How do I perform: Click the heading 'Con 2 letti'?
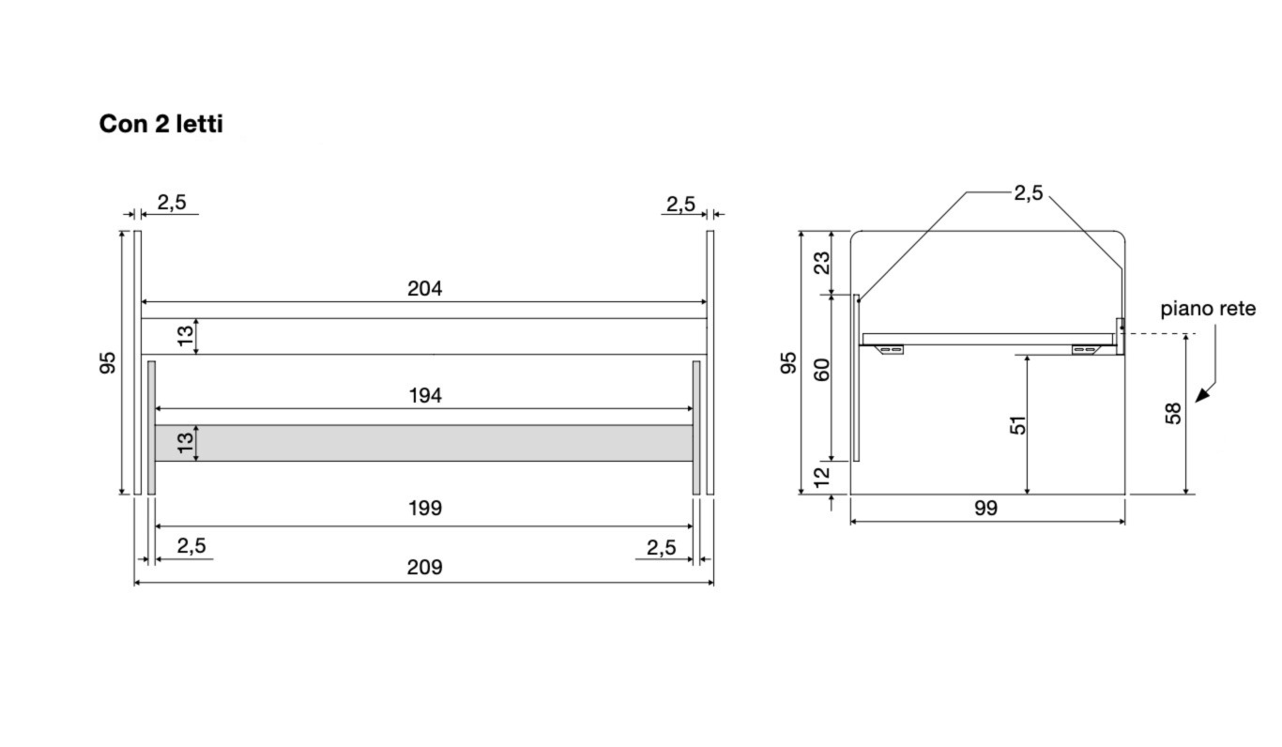[160, 124]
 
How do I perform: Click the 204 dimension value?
[424, 289]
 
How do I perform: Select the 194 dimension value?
[425, 396]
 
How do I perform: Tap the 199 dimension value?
[425, 509]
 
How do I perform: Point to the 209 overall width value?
[425, 568]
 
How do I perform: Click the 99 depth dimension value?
[985, 509]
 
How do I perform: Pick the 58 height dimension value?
[1173, 413]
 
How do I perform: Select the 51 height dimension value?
[1017, 425]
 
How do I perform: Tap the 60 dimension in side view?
[822, 370]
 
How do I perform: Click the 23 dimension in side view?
[822, 262]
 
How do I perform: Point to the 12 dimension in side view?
[822, 477]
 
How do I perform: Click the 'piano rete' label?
[1208, 309]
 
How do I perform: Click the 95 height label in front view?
[108, 363]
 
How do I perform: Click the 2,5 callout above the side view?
[1028, 193]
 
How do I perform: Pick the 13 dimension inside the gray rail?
[187, 442]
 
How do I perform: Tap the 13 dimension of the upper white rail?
[187, 335]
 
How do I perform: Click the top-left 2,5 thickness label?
[171, 203]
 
